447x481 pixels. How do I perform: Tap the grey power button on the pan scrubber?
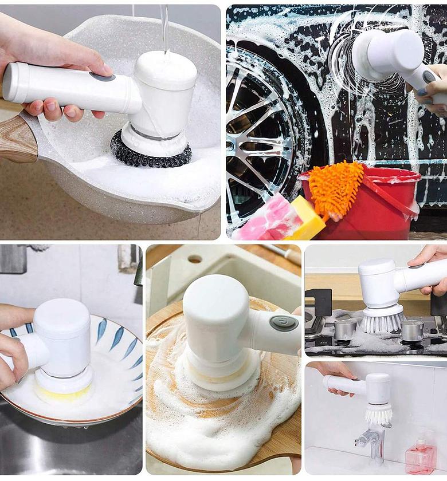pyautogui.click(x=102, y=77)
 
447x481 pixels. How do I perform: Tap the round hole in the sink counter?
pyautogui.click(x=195, y=259)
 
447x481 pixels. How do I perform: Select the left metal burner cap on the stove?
pyautogui.click(x=345, y=329)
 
